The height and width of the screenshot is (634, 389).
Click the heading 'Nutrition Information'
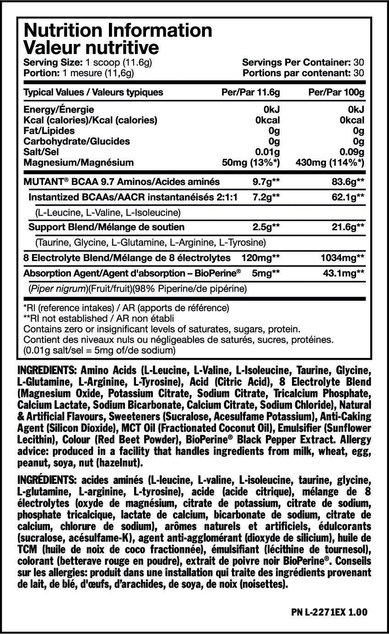118,31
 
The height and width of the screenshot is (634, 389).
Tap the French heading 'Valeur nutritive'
91,47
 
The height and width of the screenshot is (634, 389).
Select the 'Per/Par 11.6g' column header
250,92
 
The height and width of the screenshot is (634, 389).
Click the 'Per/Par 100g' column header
336,92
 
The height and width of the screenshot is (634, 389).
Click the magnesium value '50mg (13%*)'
250,162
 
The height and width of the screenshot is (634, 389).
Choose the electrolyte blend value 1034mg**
342,258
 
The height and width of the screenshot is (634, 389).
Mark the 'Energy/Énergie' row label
59,109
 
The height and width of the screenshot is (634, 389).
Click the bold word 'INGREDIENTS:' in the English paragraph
46,369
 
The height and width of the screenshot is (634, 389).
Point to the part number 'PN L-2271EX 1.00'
329,612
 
